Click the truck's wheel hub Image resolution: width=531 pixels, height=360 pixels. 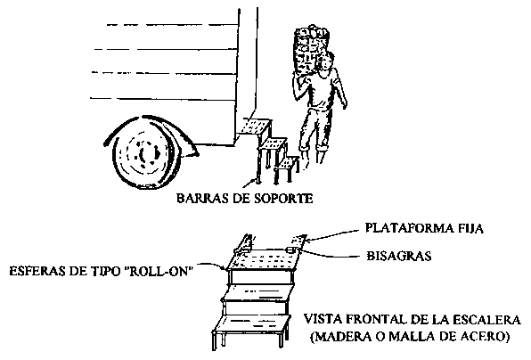coord(145,154)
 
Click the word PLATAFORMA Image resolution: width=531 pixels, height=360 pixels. coord(409,228)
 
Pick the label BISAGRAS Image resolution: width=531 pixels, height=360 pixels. coord(399,256)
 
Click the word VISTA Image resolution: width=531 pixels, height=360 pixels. coord(323,320)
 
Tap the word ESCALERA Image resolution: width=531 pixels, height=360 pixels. coord(486,320)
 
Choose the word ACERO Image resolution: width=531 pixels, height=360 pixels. coord(486,337)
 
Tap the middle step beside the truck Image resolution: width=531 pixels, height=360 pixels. coord(273,143)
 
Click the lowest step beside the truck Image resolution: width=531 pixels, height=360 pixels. coord(288,163)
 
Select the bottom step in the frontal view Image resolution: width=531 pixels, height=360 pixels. coord(251,324)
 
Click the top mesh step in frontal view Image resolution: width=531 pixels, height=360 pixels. coord(264,260)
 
